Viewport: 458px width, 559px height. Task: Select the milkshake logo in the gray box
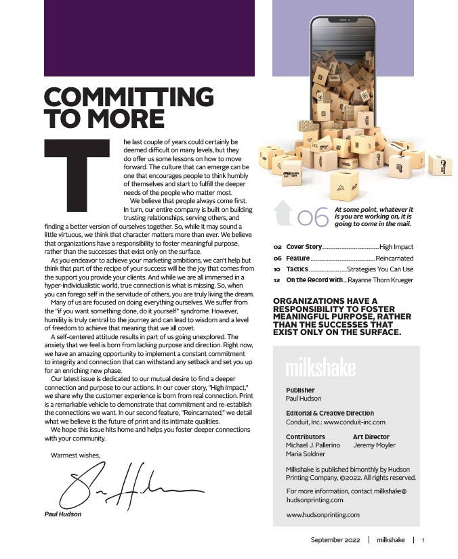point(320,369)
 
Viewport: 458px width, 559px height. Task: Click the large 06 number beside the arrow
point(313,217)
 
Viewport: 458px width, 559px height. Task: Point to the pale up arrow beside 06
point(283,213)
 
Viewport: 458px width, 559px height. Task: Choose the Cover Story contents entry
point(304,248)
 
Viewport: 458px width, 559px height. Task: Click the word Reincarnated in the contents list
point(394,259)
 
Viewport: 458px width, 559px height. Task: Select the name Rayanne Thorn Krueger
point(380,280)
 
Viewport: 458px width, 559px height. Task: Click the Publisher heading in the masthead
point(300,390)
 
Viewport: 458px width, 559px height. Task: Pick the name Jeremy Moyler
point(374,445)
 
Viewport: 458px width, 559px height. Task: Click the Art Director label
point(371,437)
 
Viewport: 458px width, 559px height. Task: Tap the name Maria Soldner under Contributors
point(305,454)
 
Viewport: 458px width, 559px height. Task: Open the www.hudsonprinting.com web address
point(322,515)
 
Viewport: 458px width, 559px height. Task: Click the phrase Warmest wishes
point(75,455)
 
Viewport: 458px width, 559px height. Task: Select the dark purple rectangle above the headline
point(149,38)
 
